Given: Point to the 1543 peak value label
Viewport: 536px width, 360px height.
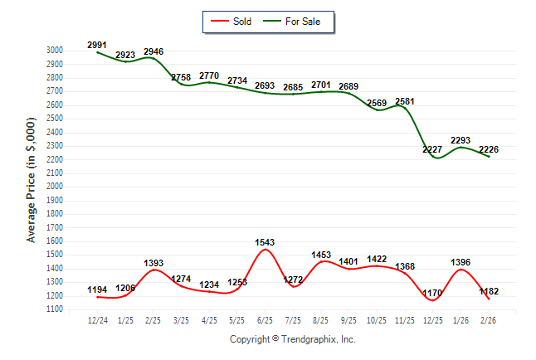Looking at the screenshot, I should pos(265,242).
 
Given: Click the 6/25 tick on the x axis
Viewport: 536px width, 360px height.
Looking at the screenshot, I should pos(265,319).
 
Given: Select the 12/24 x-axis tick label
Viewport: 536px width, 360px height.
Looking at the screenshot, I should pos(97,319).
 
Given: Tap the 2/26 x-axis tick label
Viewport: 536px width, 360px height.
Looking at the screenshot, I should pos(489,319).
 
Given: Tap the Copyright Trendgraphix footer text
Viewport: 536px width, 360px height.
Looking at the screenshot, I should pos(292,339).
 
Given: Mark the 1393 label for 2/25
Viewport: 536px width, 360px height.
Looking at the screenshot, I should pos(153,263).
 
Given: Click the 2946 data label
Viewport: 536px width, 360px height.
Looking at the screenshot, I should pos(153,51).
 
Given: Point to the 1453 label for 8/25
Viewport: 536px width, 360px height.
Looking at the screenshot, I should pos(321,255).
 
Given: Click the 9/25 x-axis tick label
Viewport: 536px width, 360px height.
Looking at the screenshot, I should pos(348,319).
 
